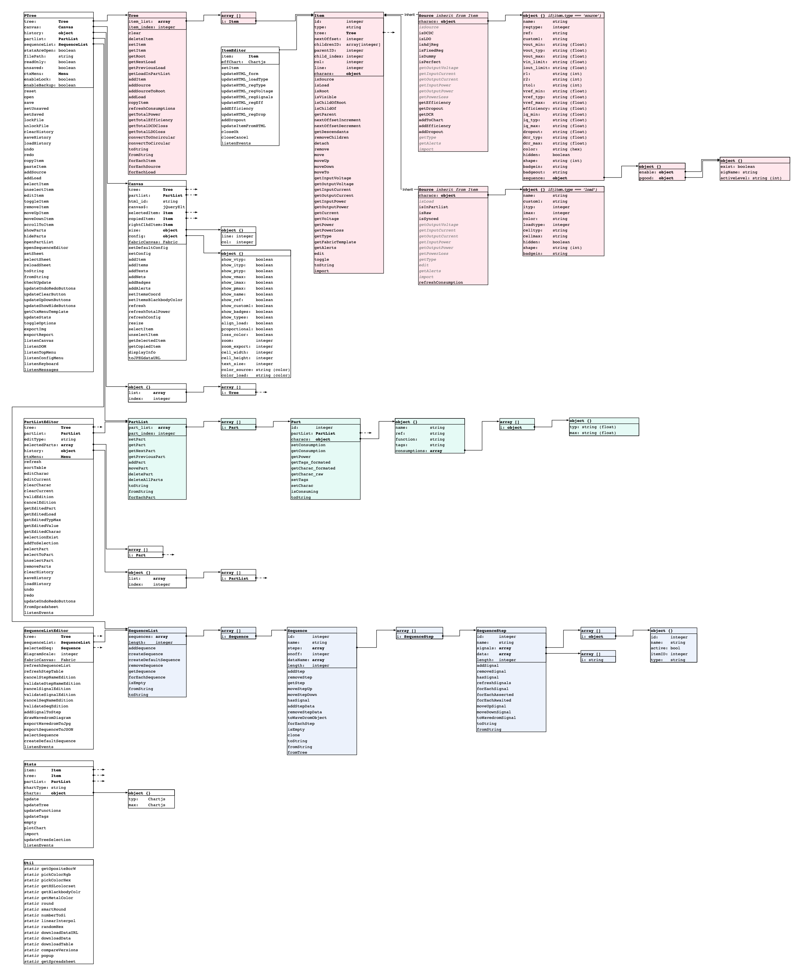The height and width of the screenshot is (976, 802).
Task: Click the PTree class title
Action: [x=30, y=16]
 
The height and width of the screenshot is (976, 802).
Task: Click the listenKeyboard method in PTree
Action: [x=42, y=364]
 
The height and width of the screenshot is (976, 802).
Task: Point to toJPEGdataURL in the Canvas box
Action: [x=144, y=358]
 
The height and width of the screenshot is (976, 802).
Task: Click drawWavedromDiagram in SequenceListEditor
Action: [x=47, y=718]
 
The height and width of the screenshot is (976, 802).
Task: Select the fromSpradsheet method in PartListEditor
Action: [x=42, y=607]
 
